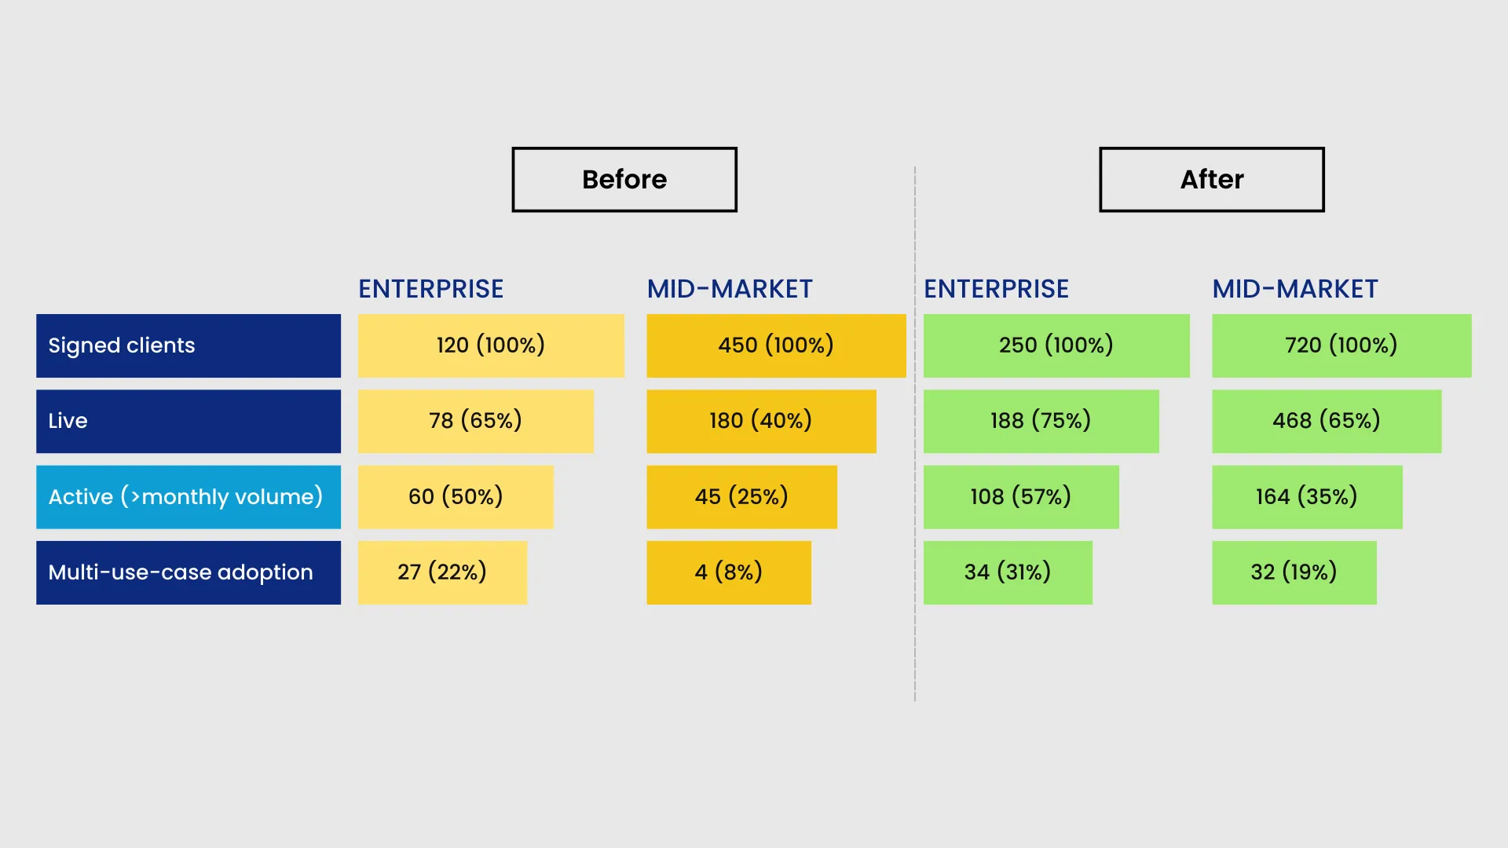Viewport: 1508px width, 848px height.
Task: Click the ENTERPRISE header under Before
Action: click(431, 289)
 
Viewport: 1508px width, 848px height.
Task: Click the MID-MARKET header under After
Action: click(1295, 289)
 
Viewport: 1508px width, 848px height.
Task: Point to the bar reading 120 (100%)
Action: click(491, 345)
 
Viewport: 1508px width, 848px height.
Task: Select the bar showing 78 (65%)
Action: click(476, 421)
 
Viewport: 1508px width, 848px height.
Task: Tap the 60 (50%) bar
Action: click(456, 497)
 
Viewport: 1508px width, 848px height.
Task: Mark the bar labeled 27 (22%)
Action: click(442, 572)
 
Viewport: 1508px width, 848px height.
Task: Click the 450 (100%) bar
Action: click(777, 345)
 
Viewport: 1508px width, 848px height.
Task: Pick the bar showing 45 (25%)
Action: click(742, 497)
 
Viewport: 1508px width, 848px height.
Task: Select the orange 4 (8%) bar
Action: click(729, 572)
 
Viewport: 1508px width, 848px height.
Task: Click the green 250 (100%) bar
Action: click(1056, 345)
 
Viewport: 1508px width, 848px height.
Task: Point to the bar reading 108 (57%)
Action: click(1021, 497)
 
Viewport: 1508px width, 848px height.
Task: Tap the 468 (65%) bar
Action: click(1327, 421)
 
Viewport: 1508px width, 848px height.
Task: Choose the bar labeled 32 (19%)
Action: click(1294, 572)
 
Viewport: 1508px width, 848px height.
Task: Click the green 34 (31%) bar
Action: click(1008, 572)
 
